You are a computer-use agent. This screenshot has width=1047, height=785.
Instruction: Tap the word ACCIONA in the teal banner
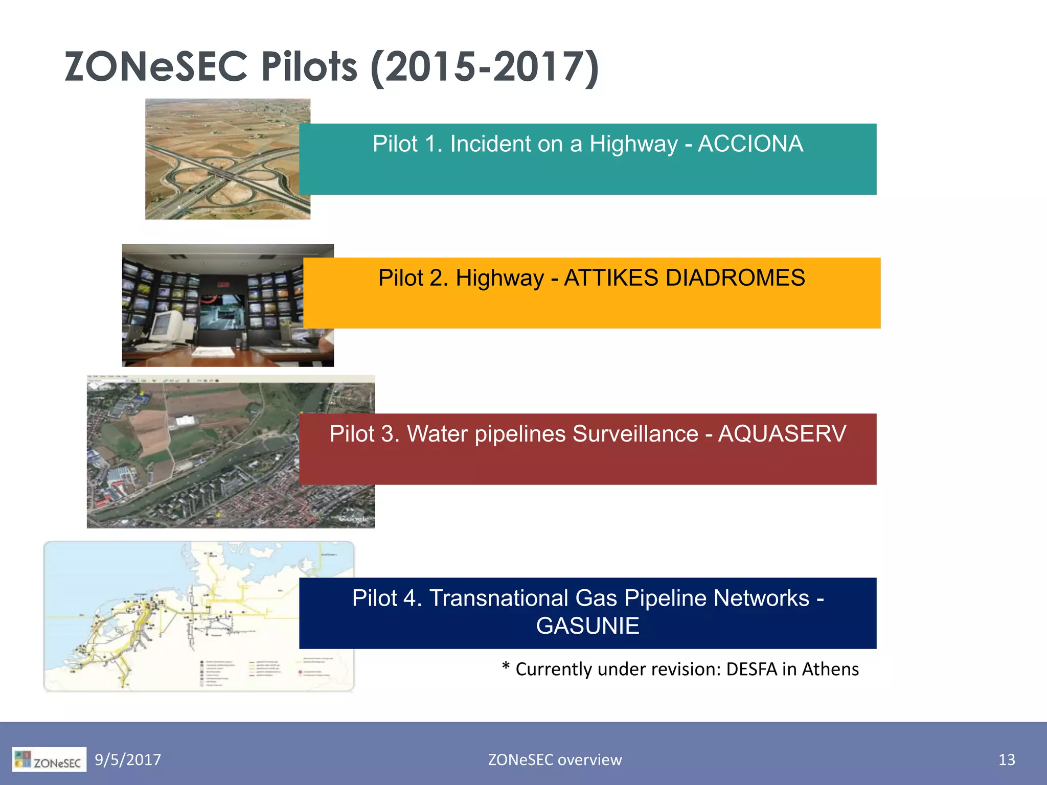click(x=750, y=144)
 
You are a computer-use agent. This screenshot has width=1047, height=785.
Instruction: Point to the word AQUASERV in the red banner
click(x=782, y=434)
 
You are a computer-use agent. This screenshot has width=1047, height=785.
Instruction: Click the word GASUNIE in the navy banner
click(x=587, y=626)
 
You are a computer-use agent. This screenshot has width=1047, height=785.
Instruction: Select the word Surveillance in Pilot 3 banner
click(x=634, y=434)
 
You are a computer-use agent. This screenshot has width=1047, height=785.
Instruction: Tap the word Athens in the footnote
click(x=830, y=669)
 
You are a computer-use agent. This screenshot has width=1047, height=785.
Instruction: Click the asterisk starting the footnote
click(x=506, y=666)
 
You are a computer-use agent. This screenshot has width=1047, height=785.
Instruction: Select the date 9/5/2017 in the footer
click(x=128, y=759)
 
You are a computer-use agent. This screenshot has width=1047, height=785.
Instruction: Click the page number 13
click(x=1006, y=759)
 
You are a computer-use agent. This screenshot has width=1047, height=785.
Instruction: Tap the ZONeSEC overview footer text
click(x=555, y=759)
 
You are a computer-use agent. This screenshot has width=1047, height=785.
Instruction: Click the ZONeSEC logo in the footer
click(x=49, y=759)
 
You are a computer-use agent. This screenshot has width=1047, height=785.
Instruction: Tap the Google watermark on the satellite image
click(x=354, y=519)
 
